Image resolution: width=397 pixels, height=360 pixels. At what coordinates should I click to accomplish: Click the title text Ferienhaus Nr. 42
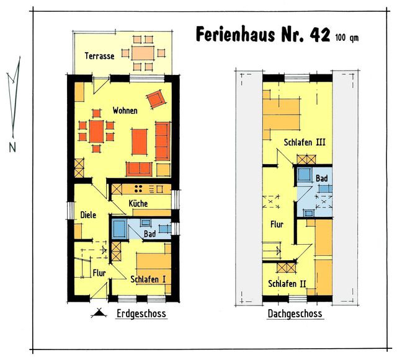[264, 35]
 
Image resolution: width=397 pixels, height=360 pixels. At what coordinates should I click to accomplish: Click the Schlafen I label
[147, 279]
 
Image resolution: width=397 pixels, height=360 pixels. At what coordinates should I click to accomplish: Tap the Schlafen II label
[288, 283]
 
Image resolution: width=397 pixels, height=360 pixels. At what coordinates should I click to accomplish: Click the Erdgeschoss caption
[141, 314]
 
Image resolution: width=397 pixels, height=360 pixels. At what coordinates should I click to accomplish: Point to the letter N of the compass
[12, 147]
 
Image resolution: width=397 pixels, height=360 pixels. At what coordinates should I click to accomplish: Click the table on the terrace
[143, 53]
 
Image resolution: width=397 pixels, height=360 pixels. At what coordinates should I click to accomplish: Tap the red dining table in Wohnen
[97, 131]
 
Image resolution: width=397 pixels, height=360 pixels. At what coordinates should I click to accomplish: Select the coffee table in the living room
[139, 139]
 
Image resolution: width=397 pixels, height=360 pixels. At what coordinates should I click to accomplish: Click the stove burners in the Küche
[140, 188]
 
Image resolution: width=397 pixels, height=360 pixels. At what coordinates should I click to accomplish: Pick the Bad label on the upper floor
[322, 179]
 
